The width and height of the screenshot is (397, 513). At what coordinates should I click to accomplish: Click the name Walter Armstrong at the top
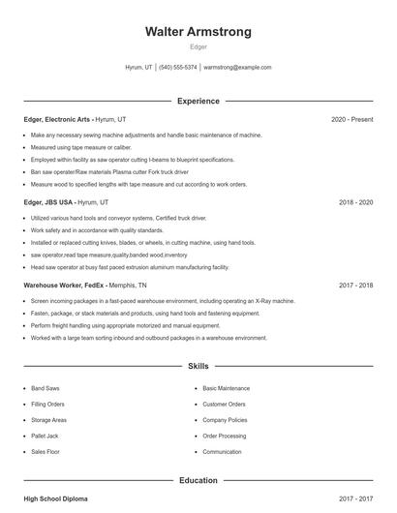tap(198, 32)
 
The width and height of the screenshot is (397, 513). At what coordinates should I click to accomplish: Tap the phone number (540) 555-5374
tap(177, 68)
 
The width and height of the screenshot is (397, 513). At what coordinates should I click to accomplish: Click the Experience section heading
tap(198, 101)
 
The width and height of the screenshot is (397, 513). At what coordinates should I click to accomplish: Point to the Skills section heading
tap(198, 368)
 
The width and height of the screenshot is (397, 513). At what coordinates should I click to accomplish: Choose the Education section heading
tap(198, 480)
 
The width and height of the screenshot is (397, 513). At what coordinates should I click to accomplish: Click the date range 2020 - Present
tap(351, 119)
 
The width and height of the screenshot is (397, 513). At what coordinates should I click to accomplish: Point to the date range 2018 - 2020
tap(355, 203)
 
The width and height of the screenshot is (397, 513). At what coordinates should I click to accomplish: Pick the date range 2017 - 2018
tap(355, 287)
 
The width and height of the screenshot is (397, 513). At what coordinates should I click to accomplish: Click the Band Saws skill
tap(46, 388)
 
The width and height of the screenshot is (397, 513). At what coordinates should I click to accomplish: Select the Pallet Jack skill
tap(45, 436)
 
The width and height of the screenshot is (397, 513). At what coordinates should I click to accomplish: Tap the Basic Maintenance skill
tap(226, 388)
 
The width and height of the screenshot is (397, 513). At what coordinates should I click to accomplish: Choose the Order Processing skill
tap(224, 436)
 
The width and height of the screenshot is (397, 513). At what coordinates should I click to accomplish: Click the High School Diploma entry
tap(55, 499)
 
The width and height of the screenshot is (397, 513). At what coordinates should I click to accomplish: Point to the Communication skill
tap(222, 452)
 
